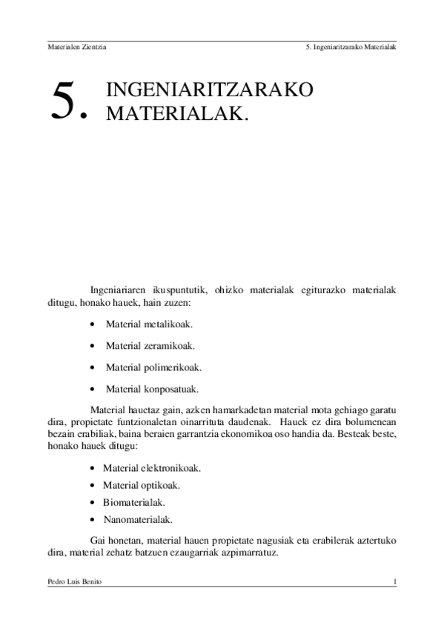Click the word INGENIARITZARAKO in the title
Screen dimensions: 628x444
pyautogui.click(x=210, y=90)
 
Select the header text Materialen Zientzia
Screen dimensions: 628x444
pyautogui.click(x=77, y=47)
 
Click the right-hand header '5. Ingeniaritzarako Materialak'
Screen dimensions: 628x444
pyautogui.click(x=350, y=47)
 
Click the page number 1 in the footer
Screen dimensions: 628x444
pyautogui.click(x=394, y=582)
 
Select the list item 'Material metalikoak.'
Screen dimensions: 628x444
pyautogui.click(x=149, y=324)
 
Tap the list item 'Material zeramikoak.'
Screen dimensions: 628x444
pyautogui.click(x=150, y=346)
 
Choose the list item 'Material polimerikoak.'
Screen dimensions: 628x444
pyautogui.click(x=153, y=367)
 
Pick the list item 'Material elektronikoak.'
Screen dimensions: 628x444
pyautogui.click(x=153, y=468)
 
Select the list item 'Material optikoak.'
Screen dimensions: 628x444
pyautogui.click(x=142, y=486)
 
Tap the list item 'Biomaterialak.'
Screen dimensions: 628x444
pyautogui.click(x=133, y=503)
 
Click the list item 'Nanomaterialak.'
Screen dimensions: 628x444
pyautogui.click(x=138, y=520)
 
